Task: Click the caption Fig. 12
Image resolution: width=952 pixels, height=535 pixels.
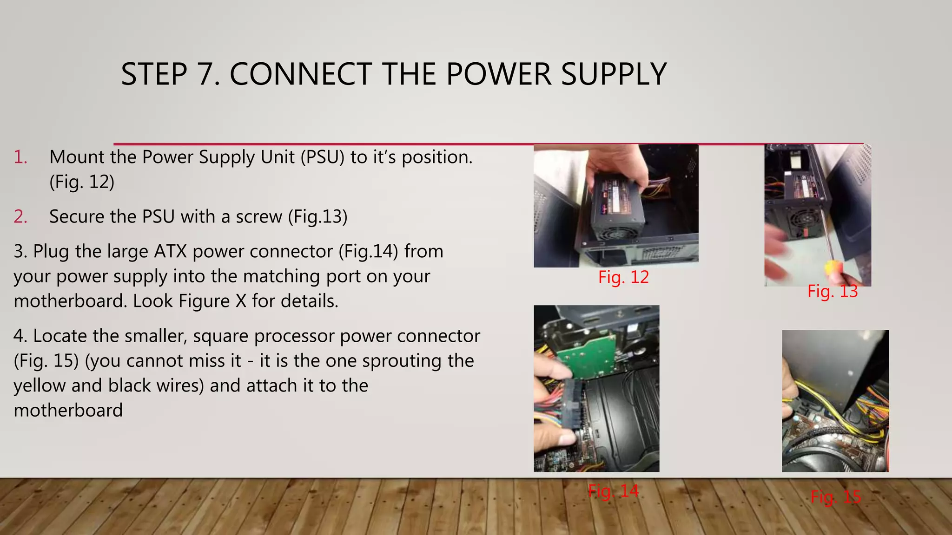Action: [x=623, y=277]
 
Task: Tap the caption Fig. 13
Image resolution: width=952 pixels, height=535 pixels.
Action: [x=832, y=291]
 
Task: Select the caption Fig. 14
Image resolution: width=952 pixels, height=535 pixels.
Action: [x=613, y=490]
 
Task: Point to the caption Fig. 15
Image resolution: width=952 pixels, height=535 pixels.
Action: [x=835, y=497]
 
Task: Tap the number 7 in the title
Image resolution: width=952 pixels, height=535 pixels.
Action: [x=207, y=74]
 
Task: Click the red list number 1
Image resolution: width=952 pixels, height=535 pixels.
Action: [x=20, y=157]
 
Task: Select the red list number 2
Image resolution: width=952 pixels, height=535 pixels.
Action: [x=20, y=217]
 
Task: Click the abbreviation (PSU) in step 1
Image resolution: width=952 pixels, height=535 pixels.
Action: [x=322, y=157]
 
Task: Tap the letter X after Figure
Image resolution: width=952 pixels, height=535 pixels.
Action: [x=240, y=301]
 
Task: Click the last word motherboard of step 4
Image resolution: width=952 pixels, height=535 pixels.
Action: [x=68, y=411]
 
